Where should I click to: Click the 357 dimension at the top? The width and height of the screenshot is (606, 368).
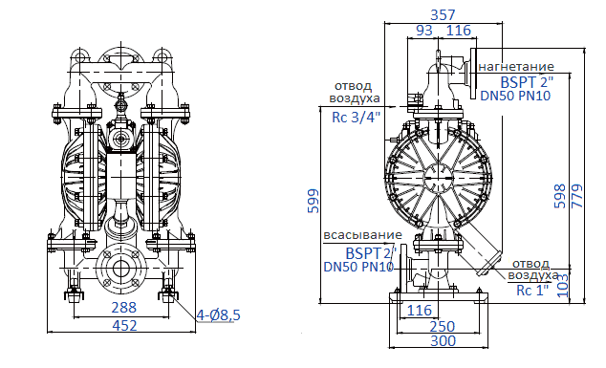(x=443, y=14)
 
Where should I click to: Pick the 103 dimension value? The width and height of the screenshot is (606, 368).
(x=563, y=283)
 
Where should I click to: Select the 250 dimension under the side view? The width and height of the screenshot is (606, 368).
(x=443, y=326)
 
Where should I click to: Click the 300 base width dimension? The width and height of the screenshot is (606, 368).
(x=443, y=341)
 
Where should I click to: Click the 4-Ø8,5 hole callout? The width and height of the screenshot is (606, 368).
(x=219, y=314)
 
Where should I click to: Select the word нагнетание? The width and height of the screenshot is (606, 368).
(x=517, y=67)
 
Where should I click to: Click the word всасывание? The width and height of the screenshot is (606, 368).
(x=360, y=236)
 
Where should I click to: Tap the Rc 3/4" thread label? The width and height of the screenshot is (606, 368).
(x=356, y=117)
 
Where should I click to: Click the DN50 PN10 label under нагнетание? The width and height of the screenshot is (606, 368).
(x=517, y=96)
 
